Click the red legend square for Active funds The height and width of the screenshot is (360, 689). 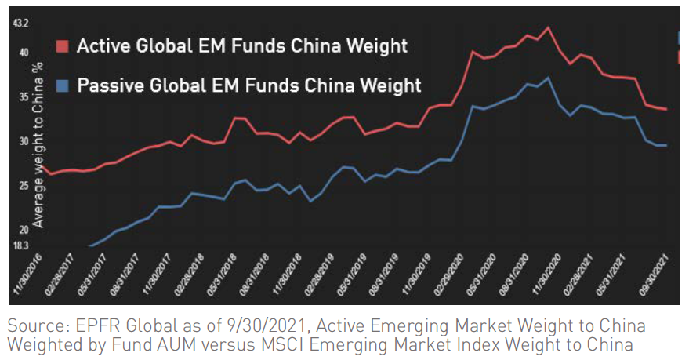tap(63, 45)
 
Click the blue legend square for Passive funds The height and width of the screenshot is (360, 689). tap(63, 85)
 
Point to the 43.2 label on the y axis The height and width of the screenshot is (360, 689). tap(21, 24)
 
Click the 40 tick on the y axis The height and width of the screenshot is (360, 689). tap(24, 53)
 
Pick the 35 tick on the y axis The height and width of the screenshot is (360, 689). tap(24, 97)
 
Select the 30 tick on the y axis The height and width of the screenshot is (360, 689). tap(24, 142)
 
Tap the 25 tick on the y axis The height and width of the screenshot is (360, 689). tap(24, 186)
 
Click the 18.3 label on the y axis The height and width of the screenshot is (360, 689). tap(21, 245)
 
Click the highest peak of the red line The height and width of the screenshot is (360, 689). tap(548, 27)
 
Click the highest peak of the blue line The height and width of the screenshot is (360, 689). tap(548, 78)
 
